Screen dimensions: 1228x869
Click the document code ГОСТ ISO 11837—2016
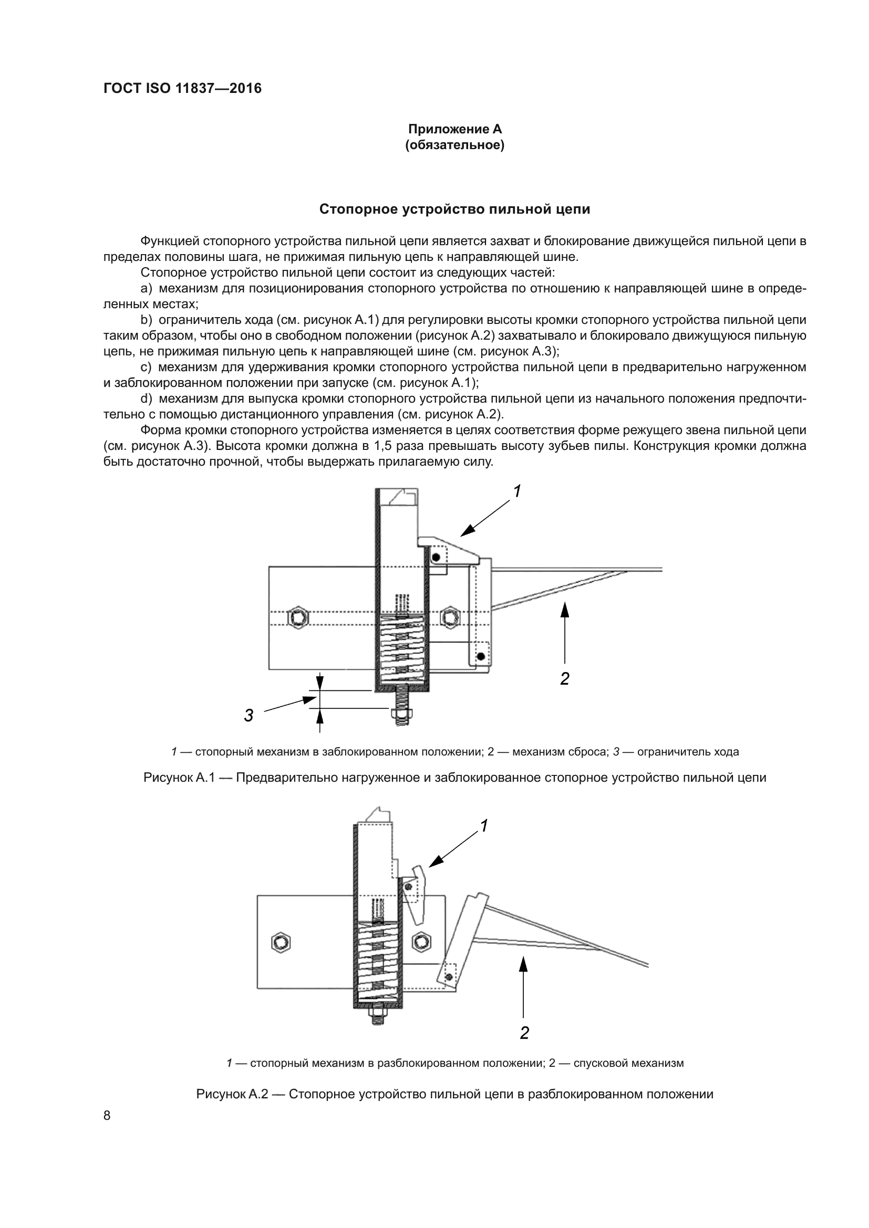[x=182, y=88]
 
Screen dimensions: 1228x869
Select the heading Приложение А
[x=455, y=129]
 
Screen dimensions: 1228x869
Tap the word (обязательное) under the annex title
[x=455, y=145]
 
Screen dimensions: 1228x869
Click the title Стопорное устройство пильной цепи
[x=455, y=209]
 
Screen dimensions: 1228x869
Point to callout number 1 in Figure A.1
[x=517, y=491]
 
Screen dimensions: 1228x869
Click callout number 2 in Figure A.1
[x=564, y=679]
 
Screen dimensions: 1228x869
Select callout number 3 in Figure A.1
[x=249, y=715]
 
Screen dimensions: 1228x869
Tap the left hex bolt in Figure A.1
[x=297, y=618]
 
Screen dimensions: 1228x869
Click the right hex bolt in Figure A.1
[x=450, y=618]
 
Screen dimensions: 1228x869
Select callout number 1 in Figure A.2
[x=484, y=826]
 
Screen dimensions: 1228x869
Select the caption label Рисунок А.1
[x=179, y=777]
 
